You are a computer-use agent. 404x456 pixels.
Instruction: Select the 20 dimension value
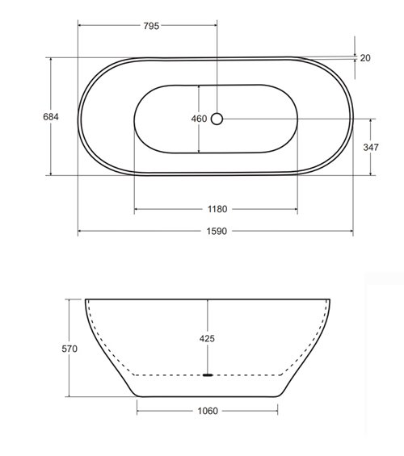365,57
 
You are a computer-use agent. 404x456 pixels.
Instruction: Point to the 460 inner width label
199,119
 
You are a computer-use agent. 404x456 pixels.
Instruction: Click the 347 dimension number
371,147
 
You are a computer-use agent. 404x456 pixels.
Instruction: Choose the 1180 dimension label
217,209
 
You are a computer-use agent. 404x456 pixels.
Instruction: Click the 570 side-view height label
69,349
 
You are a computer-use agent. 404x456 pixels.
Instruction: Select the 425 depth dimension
207,339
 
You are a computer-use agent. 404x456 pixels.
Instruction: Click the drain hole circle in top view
217,119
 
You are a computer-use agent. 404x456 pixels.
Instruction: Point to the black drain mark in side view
208,375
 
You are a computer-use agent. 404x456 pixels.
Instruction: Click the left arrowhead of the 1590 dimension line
81,232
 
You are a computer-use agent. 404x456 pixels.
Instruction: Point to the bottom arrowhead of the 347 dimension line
371,174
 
